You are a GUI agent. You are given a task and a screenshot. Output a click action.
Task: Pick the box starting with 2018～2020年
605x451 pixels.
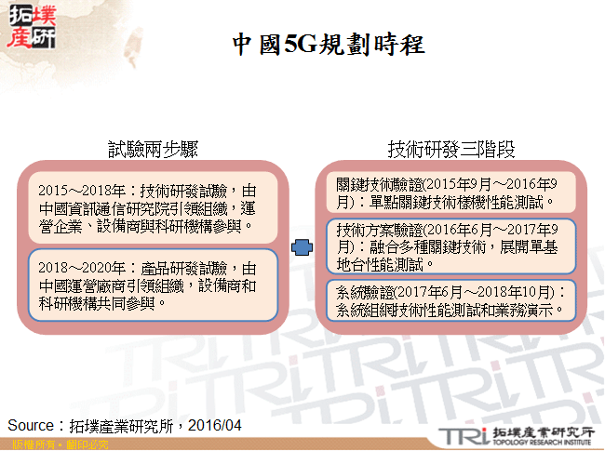tap(153, 285)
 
